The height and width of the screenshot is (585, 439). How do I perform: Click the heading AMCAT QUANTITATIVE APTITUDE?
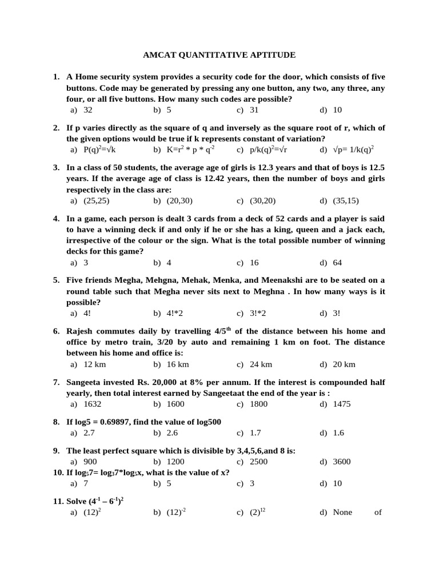pyautogui.click(x=219, y=55)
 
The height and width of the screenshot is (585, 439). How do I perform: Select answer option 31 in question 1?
pyautogui.click(x=254, y=110)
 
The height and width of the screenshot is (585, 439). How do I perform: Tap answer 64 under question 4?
pyautogui.click(x=338, y=263)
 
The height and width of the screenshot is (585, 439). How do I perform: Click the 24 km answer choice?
pyautogui.click(x=261, y=364)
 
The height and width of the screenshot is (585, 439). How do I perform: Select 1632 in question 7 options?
pyautogui.click(x=92, y=404)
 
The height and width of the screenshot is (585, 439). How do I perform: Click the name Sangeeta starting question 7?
pyautogui.click(x=85, y=382)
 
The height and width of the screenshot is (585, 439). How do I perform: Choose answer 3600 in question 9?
pyautogui.click(x=342, y=462)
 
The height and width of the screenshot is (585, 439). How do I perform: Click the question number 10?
pyautogui.click(x=58, y=472)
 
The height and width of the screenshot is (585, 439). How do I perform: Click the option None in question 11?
pyautogui.click(x=343, y=512)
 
